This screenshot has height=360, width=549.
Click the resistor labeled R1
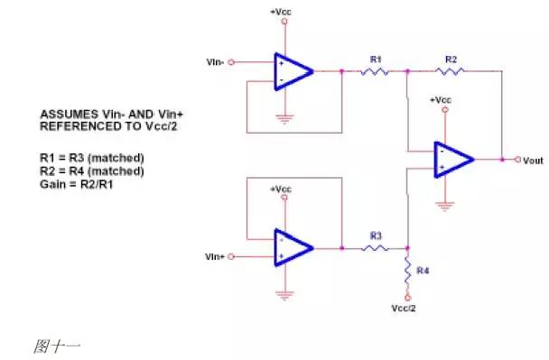tap(376, 69)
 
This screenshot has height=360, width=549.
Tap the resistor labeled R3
tap(376, 247)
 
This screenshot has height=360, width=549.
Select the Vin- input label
tap(215, 62)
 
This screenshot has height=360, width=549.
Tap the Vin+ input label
tap(215, 257)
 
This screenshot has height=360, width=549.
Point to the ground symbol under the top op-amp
tap(286, 117)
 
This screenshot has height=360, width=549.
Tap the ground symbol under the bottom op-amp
tap(286, 294)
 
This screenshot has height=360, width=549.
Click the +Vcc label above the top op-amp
tap(281, 11)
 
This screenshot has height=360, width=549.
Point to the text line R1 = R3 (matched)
tap(91, 157)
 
